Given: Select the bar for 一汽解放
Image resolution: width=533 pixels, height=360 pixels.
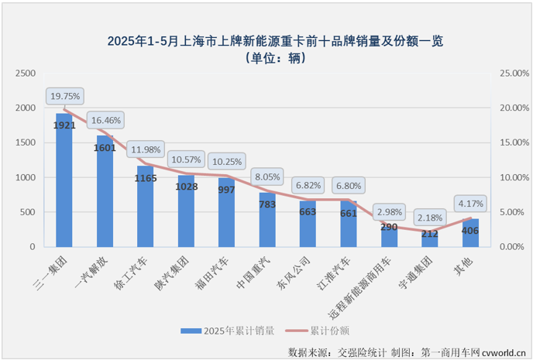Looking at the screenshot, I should tap(104, 194).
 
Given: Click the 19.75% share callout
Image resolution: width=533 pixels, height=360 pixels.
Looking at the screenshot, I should tap(64, 97).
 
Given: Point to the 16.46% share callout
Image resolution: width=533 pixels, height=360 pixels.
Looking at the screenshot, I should tap(105, 120).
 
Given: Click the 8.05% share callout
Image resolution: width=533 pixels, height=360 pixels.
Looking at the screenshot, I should tap(267, 177).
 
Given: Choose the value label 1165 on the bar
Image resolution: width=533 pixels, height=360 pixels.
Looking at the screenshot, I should tap(144, 179).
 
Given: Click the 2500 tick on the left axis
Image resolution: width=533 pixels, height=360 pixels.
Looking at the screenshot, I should tap(26, 73).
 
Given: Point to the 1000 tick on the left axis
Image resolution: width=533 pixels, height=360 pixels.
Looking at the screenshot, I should tap(26, 177).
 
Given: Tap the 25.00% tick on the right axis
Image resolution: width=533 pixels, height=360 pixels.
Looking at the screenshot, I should tap(512, 73).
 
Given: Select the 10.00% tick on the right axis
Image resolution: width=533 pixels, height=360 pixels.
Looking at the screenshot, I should tap(512, 177).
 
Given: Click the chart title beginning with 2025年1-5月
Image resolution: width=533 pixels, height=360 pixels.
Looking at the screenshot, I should tap(266, 39).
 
